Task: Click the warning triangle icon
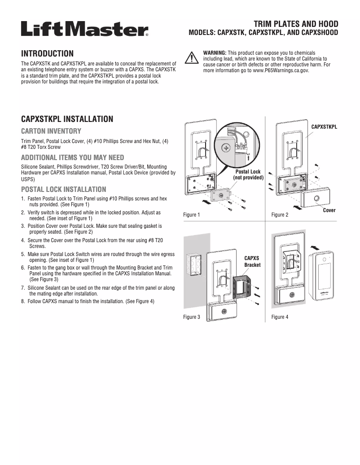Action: click(x=192, y=58)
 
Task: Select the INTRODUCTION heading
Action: click(x=48, y=53)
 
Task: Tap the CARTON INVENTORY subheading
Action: click(x=51, y=131)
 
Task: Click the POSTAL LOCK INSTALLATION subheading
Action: click(x=64, y=189)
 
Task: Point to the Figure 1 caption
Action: click(x=192, y=215)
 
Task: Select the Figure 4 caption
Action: click(x=280, y=317)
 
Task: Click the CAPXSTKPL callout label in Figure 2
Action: click(x=324, y=127)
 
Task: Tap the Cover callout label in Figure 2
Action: click(x=329, y=210)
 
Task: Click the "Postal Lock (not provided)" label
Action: click(x=248, y=174)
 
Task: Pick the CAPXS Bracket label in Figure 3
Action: click(x=252, y=261)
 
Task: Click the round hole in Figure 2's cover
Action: click(x=316, y=199)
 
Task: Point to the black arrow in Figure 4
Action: click(x=316, y=246)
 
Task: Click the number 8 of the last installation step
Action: click(x=23, y=301)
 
